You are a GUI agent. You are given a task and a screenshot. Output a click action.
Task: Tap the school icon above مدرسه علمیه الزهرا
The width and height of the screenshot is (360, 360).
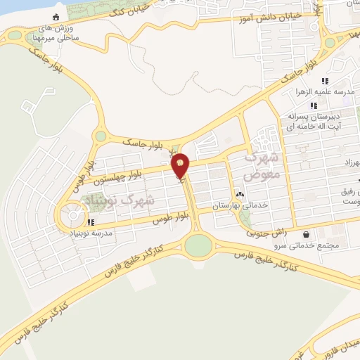tap(325, 82)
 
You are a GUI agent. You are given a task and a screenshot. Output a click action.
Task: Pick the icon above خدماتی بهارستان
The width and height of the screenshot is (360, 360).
tap(240, 194)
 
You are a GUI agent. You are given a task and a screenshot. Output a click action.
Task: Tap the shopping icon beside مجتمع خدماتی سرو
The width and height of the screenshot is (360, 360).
tap(305, 234)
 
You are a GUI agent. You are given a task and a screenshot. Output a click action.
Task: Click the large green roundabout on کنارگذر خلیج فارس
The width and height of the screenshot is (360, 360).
tap(198, 245)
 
